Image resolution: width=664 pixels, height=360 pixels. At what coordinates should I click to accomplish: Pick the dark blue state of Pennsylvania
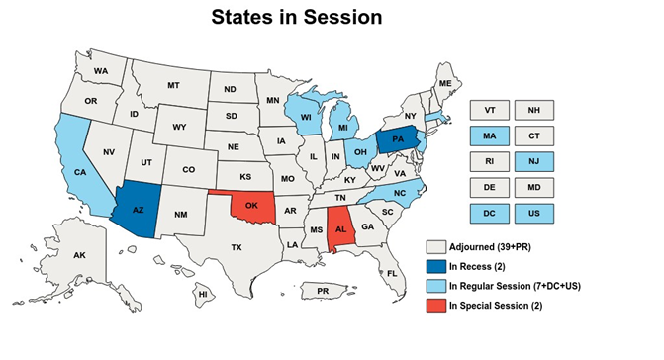tap(396, 139)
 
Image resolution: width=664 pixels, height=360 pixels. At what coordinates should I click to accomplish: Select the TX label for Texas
tap(237, 247)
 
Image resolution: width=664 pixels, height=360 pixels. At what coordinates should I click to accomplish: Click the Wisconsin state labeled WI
tap(307, 117)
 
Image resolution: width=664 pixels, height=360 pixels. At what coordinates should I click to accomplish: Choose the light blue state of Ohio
tap(362, 152)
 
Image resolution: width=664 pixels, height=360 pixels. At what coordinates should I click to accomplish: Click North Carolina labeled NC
tap(399, 192)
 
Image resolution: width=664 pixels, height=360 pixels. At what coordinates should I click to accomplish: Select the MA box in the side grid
tap(489, 135)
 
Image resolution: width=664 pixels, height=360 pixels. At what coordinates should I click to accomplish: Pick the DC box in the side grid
tap(489, 212)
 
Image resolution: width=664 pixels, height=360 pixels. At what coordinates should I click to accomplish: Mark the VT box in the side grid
tap(489, 109)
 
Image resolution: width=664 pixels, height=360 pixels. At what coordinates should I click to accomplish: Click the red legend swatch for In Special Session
tap(433, 305)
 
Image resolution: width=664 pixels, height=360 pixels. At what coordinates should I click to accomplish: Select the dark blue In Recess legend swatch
tap(433, 265)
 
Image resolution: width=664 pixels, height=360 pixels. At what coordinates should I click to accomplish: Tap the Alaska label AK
tap(80, 255)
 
